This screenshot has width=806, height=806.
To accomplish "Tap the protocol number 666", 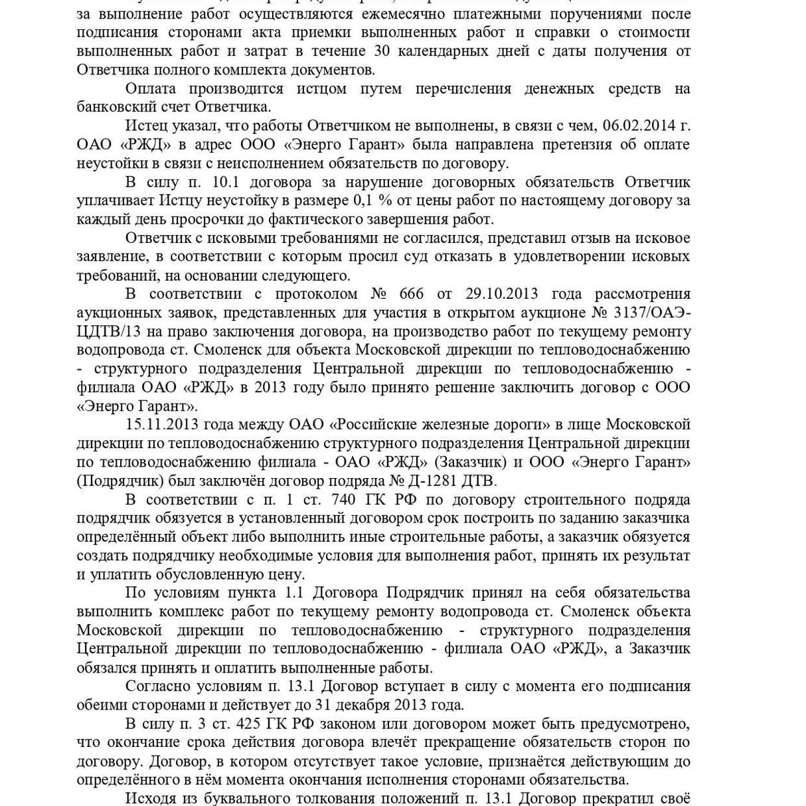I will [411, 294].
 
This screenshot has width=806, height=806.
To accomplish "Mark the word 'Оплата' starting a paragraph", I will [151, 88].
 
